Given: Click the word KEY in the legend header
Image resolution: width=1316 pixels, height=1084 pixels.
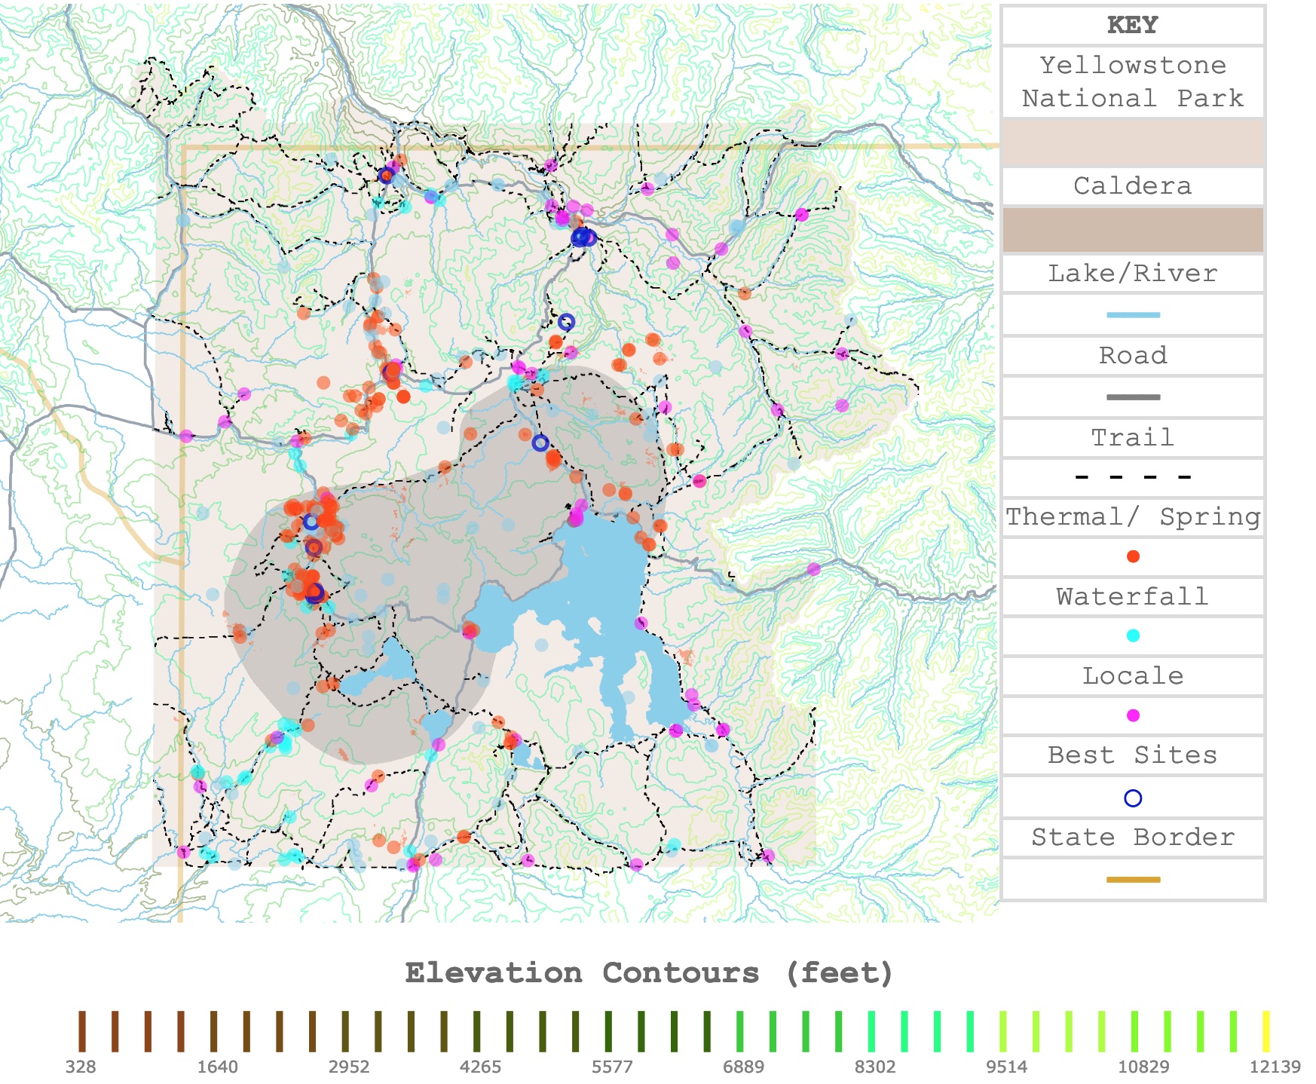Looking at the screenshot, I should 1132,25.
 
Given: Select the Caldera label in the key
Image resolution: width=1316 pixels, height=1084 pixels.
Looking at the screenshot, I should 1132,185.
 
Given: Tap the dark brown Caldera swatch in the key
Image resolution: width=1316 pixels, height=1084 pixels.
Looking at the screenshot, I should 1132,230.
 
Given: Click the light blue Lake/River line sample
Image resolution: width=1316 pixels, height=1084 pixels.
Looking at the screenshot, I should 1132,315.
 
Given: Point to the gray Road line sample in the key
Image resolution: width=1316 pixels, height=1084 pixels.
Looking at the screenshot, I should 1132,397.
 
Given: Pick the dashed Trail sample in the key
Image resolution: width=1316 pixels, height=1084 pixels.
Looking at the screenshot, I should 1132,477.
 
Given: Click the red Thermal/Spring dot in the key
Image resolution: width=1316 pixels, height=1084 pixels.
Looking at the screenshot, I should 1132,556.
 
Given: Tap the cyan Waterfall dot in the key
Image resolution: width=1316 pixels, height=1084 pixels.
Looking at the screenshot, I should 1132,635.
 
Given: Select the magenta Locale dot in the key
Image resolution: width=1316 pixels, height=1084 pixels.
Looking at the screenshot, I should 1132,715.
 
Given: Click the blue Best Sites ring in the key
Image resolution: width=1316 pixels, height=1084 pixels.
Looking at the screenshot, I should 1132,798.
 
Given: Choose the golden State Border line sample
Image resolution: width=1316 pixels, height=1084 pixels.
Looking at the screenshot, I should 1132,880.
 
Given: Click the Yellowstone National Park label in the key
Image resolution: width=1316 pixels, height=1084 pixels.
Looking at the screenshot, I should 1132,81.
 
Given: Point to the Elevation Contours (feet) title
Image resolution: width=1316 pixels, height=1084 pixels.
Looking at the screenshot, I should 649,973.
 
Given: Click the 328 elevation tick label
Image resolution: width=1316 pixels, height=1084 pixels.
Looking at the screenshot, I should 81,1067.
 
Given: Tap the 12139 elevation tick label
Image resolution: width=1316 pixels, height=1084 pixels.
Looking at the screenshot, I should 1275,1067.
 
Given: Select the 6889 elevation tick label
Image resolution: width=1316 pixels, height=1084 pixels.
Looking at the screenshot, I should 743,1067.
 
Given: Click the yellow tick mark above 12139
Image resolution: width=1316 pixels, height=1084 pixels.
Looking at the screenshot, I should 1266,1031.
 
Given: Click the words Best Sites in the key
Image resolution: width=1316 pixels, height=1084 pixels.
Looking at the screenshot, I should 1132,755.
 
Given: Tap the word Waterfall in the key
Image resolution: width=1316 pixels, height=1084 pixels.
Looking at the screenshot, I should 1132,596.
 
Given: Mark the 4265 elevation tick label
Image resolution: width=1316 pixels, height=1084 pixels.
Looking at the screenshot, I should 480,1067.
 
